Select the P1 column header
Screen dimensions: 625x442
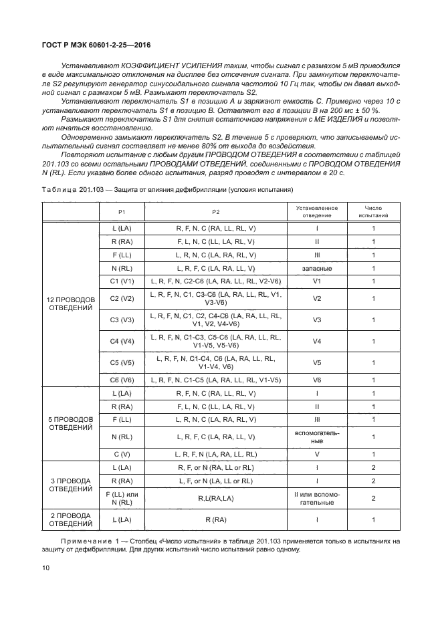coord(122,212)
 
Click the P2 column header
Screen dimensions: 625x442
coord(216,212)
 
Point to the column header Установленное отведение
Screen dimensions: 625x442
coord(317,212)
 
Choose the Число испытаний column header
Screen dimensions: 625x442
coord(373,212)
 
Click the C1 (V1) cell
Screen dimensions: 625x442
coord(122,281)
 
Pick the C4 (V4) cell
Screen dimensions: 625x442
coord(122,342)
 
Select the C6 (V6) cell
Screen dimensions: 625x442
coord(122,379)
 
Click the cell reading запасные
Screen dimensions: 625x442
coord(317,267)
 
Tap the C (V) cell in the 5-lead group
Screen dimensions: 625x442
coord(122,453)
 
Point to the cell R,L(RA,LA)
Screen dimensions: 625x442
coord(216,498)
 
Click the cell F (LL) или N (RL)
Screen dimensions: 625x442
coord(122,498)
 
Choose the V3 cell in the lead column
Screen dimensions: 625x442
coord(317,320)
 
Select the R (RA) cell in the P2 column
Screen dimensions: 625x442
coord(216,519)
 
